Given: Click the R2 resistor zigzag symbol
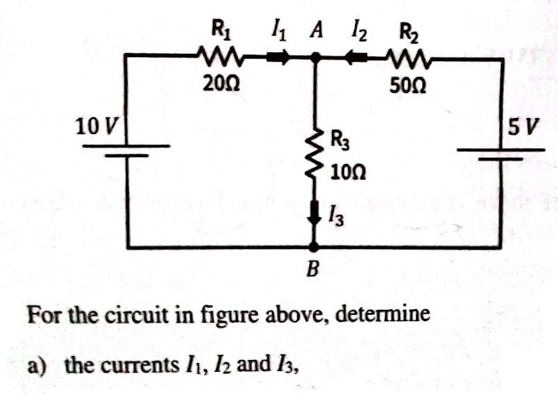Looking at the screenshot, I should tap(410, 57).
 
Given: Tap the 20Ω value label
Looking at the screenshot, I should tap(216, 81).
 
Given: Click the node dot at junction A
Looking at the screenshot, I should tap(315, 57).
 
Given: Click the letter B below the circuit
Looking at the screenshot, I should tap(313, 271).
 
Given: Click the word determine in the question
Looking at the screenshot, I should tap(387, 314).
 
